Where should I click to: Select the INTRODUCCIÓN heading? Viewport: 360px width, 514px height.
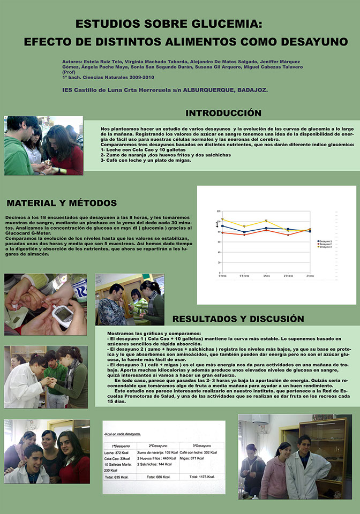(x=223, y=113)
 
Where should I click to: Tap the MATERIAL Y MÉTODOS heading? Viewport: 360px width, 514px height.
(x=62, y=203)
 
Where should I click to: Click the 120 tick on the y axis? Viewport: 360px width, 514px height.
(x=219, y=211)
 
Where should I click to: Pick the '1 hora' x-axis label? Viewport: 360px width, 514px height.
(x=266, y=276)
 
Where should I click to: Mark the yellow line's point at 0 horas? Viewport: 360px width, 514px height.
(x=222, y=220)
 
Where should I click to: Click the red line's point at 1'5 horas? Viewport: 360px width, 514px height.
(x=288, y=235)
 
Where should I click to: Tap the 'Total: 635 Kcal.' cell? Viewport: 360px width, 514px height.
(x=117, y=477)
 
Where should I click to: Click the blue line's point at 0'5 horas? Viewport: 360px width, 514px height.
(x=244, y=232)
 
